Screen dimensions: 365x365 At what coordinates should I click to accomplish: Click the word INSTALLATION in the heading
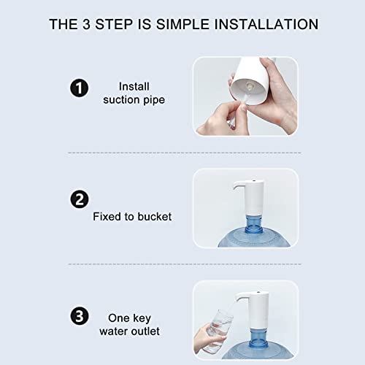(266, 24)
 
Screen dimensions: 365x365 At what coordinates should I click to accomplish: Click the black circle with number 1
(79, 89)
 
